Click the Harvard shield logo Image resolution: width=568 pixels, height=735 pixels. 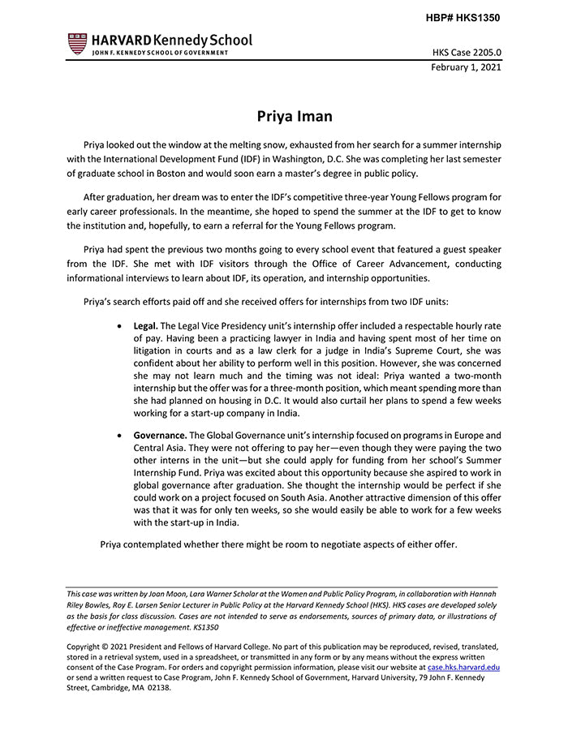[x=77, y=44]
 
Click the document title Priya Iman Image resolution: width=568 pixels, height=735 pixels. [x=295, y=116]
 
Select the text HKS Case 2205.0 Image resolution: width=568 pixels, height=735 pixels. [x=466, y=53]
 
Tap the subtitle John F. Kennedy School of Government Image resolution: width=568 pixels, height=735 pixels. [x=160, y=54]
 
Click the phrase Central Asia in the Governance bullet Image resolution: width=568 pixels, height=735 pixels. [x=162, y=449]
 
